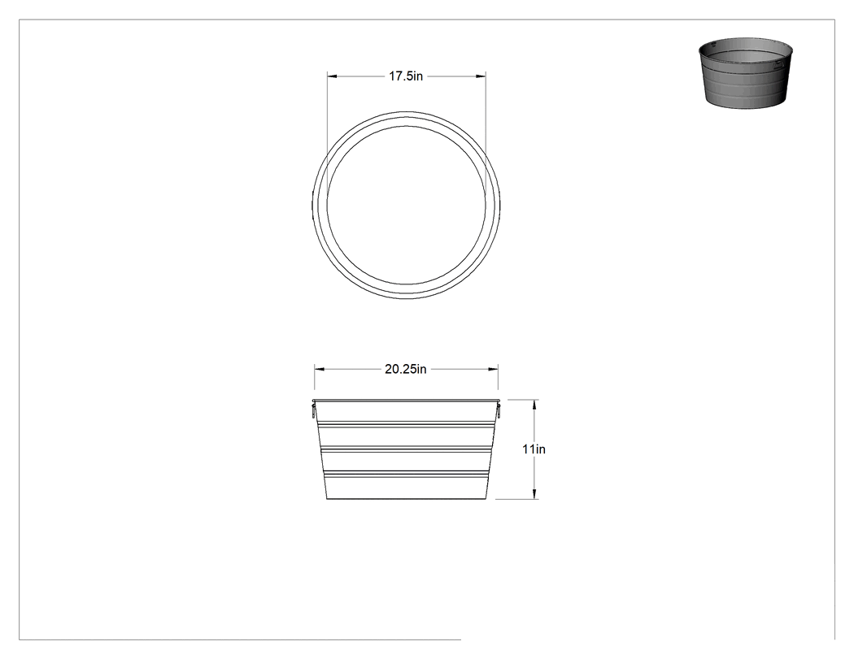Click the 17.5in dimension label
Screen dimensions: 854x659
coord(406,76)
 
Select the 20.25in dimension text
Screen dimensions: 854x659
coord(406,369)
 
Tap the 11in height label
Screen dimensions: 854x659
coord(534,449)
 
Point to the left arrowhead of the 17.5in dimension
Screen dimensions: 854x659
coord(332,76)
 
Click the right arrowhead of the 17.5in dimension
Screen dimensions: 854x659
coord(481,76)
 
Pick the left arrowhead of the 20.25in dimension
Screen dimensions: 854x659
coord(319,369)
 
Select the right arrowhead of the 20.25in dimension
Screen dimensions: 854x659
coord(493,369)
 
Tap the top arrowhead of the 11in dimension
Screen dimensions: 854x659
coord(535,405)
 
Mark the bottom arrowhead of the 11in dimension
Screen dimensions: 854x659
coord(535,493)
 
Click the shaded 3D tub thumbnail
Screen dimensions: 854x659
coord(746,73)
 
